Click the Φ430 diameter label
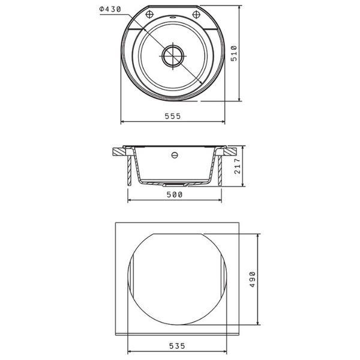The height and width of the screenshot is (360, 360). click(x=110, y=10)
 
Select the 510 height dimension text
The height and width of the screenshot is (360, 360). click(x=234, y=53)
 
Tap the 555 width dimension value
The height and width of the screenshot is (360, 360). click(x=173, y=116)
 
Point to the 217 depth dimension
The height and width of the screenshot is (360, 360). click(x=238, y=166)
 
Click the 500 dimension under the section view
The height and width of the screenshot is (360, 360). click(x=175, y=194)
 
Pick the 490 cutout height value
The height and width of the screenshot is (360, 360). click(x=253, y=279)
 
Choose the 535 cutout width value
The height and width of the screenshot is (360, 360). click(x=177, y=346)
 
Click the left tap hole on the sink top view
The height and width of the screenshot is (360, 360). click(x=149, y=14)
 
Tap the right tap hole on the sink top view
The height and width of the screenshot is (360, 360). click(x=196, y=14)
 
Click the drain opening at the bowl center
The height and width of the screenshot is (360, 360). click(x=173, y=56)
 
